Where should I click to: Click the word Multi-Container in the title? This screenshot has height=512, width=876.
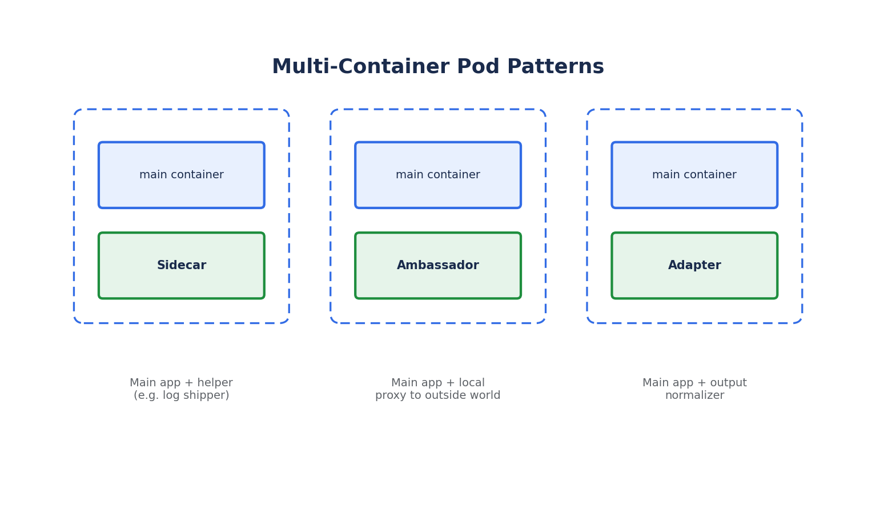[x=360, y=66]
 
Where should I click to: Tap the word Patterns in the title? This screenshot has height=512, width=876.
[x=555, y=66]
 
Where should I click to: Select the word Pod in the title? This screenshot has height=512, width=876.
[x=478, y=66]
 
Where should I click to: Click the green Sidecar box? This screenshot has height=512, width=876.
[x=182, y=265]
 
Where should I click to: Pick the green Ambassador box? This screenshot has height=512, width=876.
[x=438, y=265]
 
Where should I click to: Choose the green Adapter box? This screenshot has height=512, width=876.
[x=694, y=265]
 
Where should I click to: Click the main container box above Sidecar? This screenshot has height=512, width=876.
[x=182, y=175]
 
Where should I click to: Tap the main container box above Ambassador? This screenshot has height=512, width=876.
[x=438, y=175]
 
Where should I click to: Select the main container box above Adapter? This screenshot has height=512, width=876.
[x=694, y=175]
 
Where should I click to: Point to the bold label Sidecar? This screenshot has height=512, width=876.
[x=182, y=265]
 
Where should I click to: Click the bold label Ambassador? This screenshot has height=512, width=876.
[x=438, y=265]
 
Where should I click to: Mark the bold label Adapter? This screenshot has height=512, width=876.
[x=694, y=265]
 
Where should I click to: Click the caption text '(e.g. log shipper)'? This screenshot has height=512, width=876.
[x=182, y=395]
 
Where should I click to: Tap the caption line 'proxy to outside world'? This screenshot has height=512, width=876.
[x=438, y=395]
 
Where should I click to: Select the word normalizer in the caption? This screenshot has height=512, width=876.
[x=694, y=395]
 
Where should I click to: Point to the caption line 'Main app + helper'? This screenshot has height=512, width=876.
[x=182, y=383]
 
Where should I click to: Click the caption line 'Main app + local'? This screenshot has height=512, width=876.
[x=438, y=383]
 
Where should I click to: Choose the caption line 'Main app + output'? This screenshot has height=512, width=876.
[x=694, y=383]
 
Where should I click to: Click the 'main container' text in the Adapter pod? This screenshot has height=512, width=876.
[x=694, y=175]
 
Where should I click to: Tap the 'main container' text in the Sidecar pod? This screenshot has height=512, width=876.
[x=182, y=175]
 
